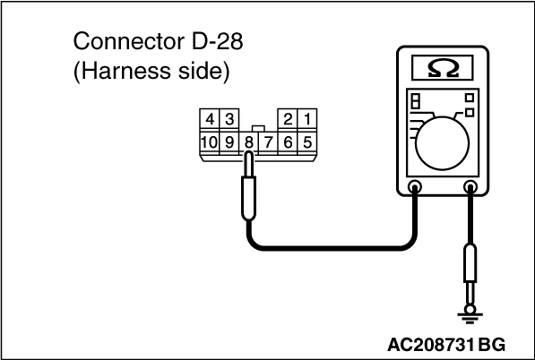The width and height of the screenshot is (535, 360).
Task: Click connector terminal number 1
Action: [x=307, y=119]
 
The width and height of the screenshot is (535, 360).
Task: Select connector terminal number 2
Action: [x=288, y=119]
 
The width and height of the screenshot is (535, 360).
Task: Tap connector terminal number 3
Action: [x=229, y=119]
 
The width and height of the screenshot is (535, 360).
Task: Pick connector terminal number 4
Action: [x=210, y=119]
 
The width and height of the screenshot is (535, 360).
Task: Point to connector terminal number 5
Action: [x=307, y=142]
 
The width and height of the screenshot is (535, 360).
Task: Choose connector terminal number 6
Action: [x=288, y=142]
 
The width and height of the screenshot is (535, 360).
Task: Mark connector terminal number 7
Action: [x=269, y=142]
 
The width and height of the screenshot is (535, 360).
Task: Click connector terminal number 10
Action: [x=209, y=142]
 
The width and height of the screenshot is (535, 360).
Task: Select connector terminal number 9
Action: [x=229, y=142]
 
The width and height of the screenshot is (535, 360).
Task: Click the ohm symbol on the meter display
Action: [x=443, y=69]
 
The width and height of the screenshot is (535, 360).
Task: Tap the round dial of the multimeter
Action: [x=442, y=143]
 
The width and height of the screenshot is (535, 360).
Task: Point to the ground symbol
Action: [x=470, y=316]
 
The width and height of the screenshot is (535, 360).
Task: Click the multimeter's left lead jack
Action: [x=415, y=187]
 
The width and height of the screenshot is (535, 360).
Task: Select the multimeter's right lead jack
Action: [x=470, y=187]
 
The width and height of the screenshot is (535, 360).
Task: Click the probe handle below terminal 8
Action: [x=249, y=198]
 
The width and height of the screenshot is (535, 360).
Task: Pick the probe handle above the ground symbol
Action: [x=470, y=263]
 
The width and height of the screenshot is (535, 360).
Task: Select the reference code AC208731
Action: [x=431, y=345]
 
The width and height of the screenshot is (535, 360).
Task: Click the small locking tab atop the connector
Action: [x=258, y=129]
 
